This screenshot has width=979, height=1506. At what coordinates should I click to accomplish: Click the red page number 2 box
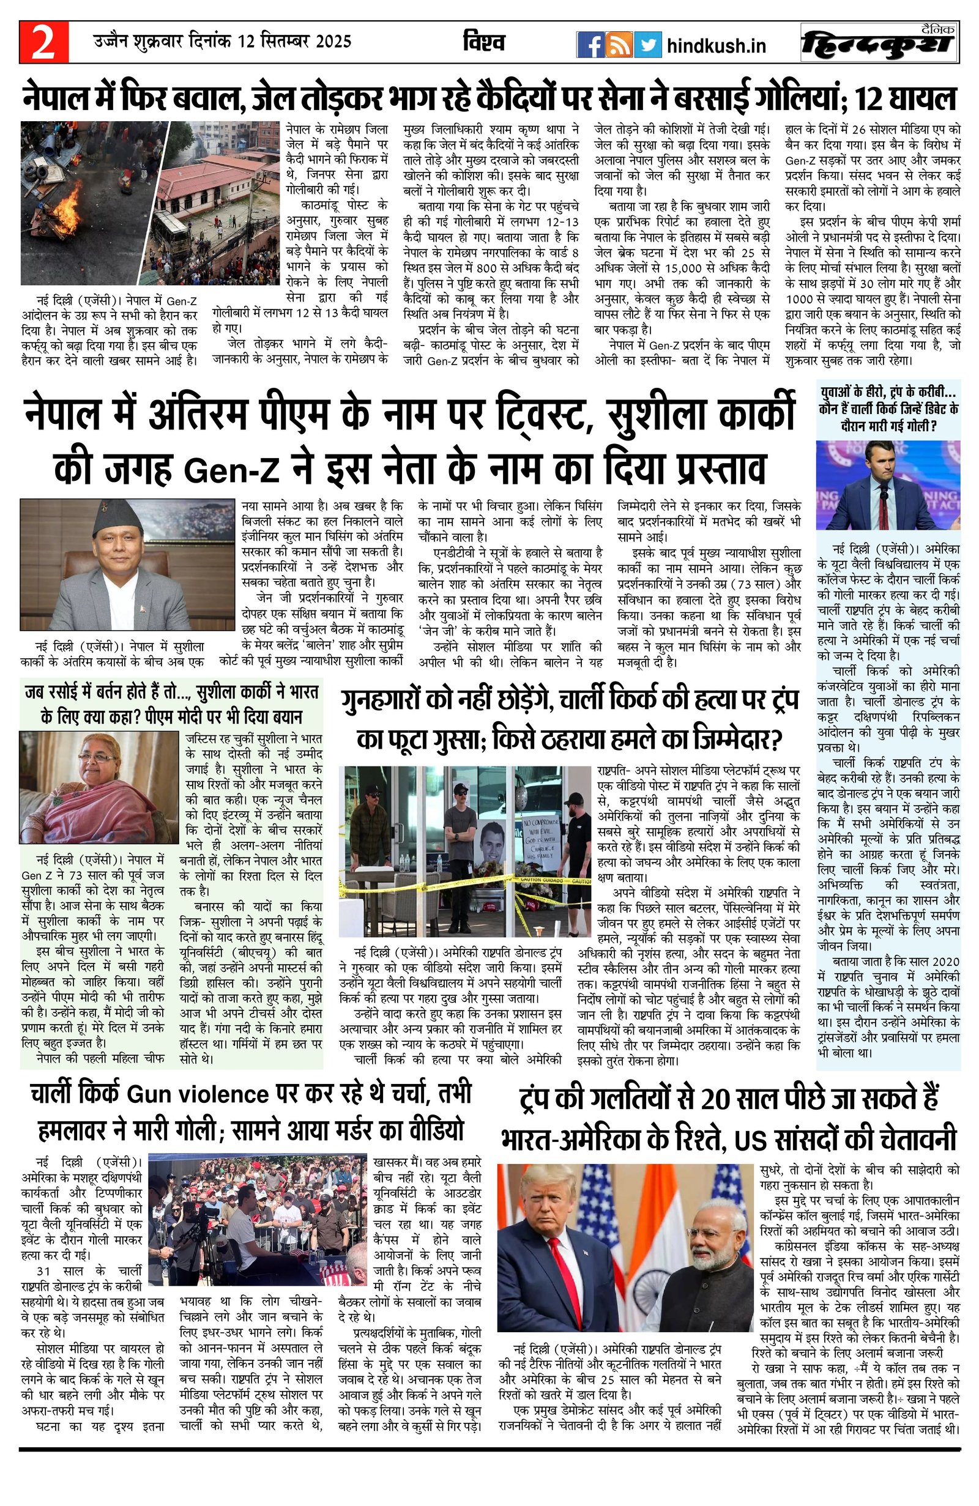(43, 43)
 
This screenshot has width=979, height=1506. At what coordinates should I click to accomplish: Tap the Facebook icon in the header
(590, 45)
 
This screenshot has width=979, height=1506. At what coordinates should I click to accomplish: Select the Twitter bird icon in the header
(648, 45)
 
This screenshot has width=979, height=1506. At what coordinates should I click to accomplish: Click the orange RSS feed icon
(619, 45)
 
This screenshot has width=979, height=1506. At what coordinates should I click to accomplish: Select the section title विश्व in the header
(484, 42)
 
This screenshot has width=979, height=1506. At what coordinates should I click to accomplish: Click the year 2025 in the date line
(333, 42)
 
